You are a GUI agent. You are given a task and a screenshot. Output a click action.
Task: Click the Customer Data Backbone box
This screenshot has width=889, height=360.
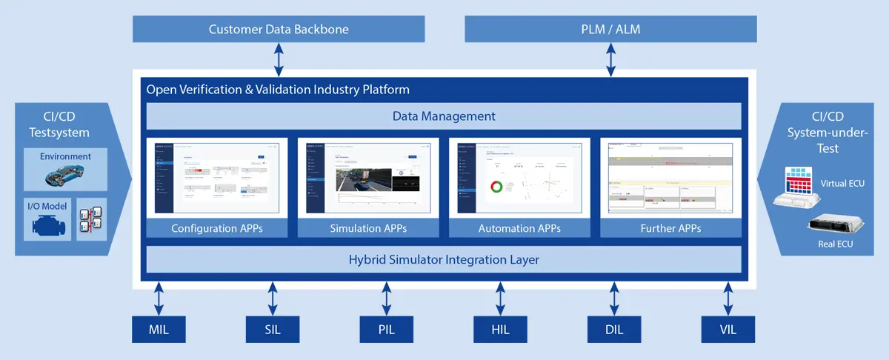click(x=279, y=30)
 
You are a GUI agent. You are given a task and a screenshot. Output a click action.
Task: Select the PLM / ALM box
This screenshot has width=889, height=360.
click(x=610, y=30)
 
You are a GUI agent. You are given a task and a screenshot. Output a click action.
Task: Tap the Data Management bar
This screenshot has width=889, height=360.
click(x=444, y=116)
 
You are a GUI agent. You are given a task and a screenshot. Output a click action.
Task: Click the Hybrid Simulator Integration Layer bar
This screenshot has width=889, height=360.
click(x=444, y=260)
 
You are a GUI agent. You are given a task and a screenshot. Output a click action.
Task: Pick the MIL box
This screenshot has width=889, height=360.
click(x=159, y=329)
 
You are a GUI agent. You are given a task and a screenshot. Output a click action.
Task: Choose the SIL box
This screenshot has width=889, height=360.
click(x=273, y=329)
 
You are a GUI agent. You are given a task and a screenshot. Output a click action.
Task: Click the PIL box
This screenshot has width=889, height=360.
click(x=387, y=329)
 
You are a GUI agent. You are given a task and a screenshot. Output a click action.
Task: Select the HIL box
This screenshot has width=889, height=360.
click(x=501, y=329)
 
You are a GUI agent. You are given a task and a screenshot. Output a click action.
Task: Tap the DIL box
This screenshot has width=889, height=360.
click(x=615, y=329)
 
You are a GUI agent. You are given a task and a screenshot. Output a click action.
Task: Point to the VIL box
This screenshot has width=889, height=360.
click(x=729, y=329)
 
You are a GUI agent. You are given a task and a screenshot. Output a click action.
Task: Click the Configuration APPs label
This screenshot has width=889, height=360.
click(x=216, y=228)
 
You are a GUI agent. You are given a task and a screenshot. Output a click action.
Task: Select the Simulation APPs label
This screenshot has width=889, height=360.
click(x=368, y=228)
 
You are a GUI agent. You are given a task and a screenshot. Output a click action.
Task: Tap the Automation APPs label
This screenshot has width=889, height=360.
click(x=519, y=228)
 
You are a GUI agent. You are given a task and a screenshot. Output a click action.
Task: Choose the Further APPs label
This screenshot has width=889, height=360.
click(x=670, y=228)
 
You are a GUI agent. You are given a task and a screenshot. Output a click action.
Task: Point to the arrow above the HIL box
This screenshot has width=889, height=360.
click(x=501, y=299)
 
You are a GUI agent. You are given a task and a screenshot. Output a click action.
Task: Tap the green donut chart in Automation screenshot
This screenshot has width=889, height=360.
click(x=494, y=186)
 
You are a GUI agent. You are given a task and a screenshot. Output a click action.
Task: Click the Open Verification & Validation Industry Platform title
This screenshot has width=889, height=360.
click(x=278, y=90)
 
